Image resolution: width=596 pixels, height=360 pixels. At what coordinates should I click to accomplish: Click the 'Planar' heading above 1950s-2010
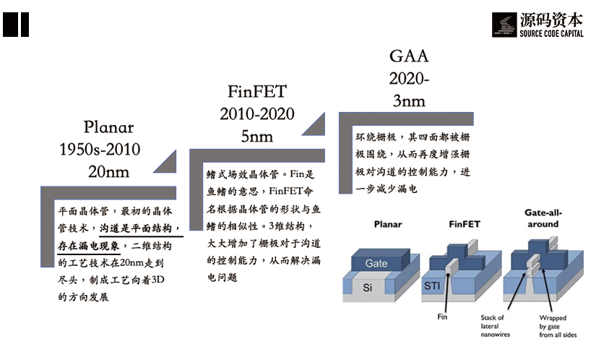[x=108, y=127]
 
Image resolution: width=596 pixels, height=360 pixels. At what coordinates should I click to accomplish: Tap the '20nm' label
[x=108, y=171]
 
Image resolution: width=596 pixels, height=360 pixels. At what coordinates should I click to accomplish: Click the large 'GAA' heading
[x=409, y=56]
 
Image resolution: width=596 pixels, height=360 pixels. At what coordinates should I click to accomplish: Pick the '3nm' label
[x=409, y=100]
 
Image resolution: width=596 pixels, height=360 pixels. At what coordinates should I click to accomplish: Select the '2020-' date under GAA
[x=410, y=78]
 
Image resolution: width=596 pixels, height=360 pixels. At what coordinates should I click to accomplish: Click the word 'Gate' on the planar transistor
[x=376, y=263]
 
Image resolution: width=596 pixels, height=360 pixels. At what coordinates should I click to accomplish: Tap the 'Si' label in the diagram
[x=367, y=287]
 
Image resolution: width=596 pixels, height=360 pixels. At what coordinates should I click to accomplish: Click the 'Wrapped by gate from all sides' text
[x=553, y=327]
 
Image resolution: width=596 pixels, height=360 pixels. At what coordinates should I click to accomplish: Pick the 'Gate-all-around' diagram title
[x=543, y=218]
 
